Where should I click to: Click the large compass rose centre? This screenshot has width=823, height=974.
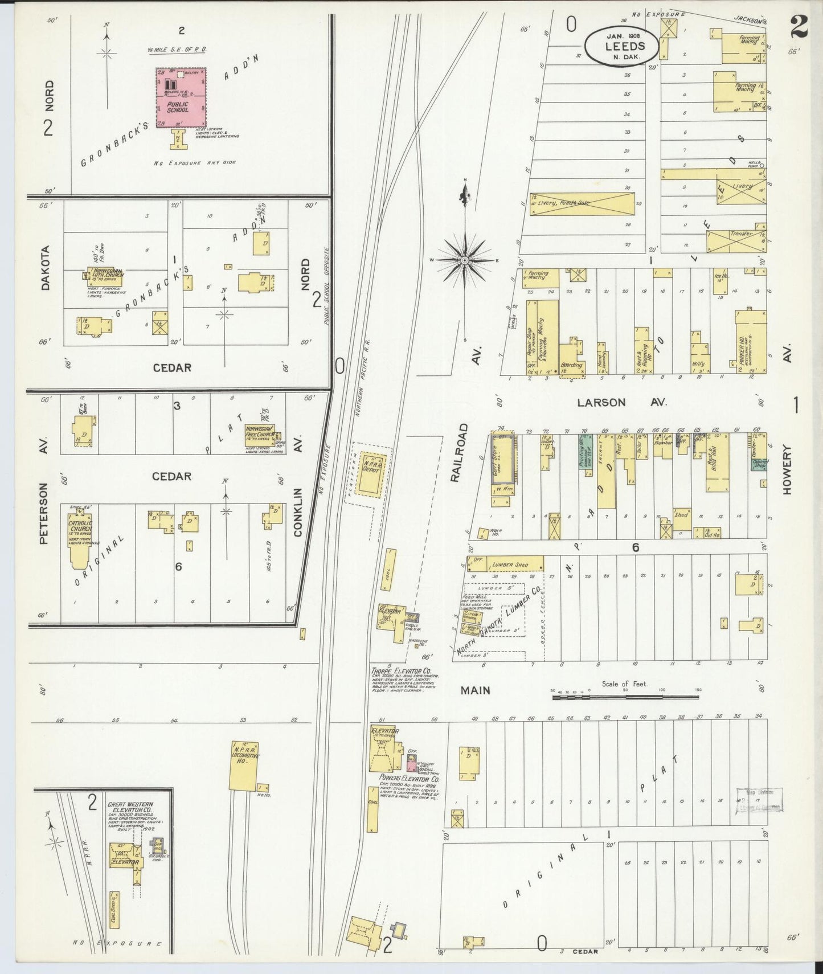pos(465,260)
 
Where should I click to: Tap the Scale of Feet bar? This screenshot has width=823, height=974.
pos(624,696)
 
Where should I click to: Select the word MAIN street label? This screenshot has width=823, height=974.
pos(475,690)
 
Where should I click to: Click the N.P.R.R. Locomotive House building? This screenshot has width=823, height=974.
pos(244,765)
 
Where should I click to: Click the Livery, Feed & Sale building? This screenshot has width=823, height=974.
pos(581,203)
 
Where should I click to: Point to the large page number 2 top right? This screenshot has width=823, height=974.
pos(799,27)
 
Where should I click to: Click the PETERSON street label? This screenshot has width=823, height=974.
pos(43,514)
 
